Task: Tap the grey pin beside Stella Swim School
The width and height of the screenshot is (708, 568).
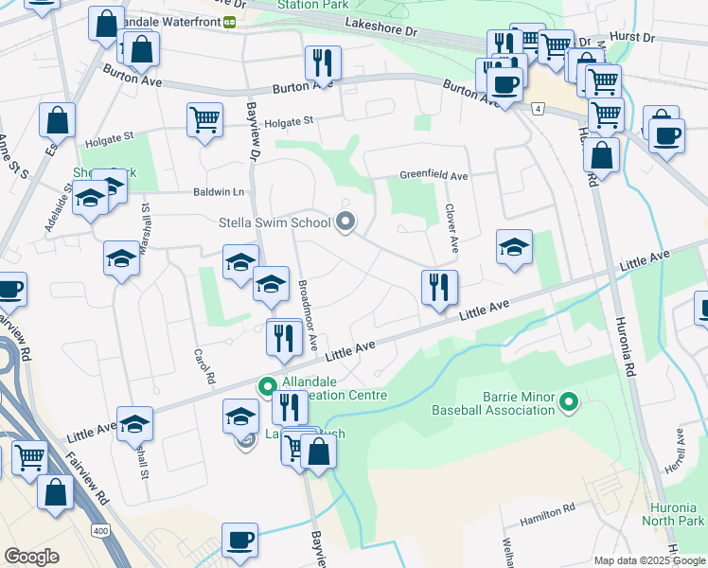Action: tap(345, 223)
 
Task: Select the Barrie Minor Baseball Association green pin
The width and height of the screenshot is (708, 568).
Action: tap(569, 403)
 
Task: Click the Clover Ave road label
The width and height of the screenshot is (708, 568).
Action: tap(451, 231)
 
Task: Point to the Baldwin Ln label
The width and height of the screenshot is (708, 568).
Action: tap(219, 192)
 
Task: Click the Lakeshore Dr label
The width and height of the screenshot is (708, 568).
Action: tap(381, 30)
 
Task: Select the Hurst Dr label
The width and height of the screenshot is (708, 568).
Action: tap(634, 38)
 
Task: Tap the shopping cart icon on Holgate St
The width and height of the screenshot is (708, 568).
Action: tap(204, 120)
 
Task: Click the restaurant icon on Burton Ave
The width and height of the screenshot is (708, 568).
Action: tap(323, 63)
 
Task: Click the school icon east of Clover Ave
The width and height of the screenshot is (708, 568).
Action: tap(514, 247)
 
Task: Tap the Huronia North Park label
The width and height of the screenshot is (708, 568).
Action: tap(673, 515)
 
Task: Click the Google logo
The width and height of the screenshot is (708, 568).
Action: tap(31, 557)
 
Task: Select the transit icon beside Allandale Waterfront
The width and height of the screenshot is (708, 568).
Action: tap(230, 22)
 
